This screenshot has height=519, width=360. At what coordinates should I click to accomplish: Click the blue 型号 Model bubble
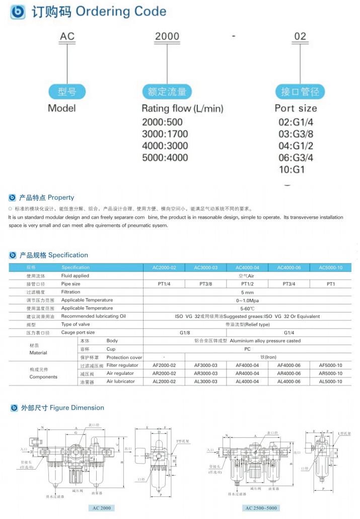(66, 92)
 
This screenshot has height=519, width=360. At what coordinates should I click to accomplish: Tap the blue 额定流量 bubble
(167, 92)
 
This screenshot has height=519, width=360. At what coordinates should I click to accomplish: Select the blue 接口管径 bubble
(300, 92)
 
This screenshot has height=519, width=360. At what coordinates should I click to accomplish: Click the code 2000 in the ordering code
(167, 37)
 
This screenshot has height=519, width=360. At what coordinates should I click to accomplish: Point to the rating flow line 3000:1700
(165, 134)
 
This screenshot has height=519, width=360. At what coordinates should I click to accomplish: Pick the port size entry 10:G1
(292, 170)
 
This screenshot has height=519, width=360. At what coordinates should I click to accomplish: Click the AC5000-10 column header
(330, 268)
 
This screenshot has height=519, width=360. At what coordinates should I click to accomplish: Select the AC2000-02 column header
(164, 268)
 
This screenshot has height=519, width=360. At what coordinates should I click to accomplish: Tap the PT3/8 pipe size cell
(205, 284)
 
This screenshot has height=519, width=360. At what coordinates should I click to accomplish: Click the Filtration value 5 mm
(247, 292)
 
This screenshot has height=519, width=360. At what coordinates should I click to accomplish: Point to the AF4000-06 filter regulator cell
(289, 365)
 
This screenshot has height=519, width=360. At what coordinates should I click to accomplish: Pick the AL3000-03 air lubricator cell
(205, 381)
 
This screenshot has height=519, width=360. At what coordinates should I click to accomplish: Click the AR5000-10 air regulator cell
(330, 373)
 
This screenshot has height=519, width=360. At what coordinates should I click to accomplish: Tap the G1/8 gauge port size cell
(185, 333)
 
